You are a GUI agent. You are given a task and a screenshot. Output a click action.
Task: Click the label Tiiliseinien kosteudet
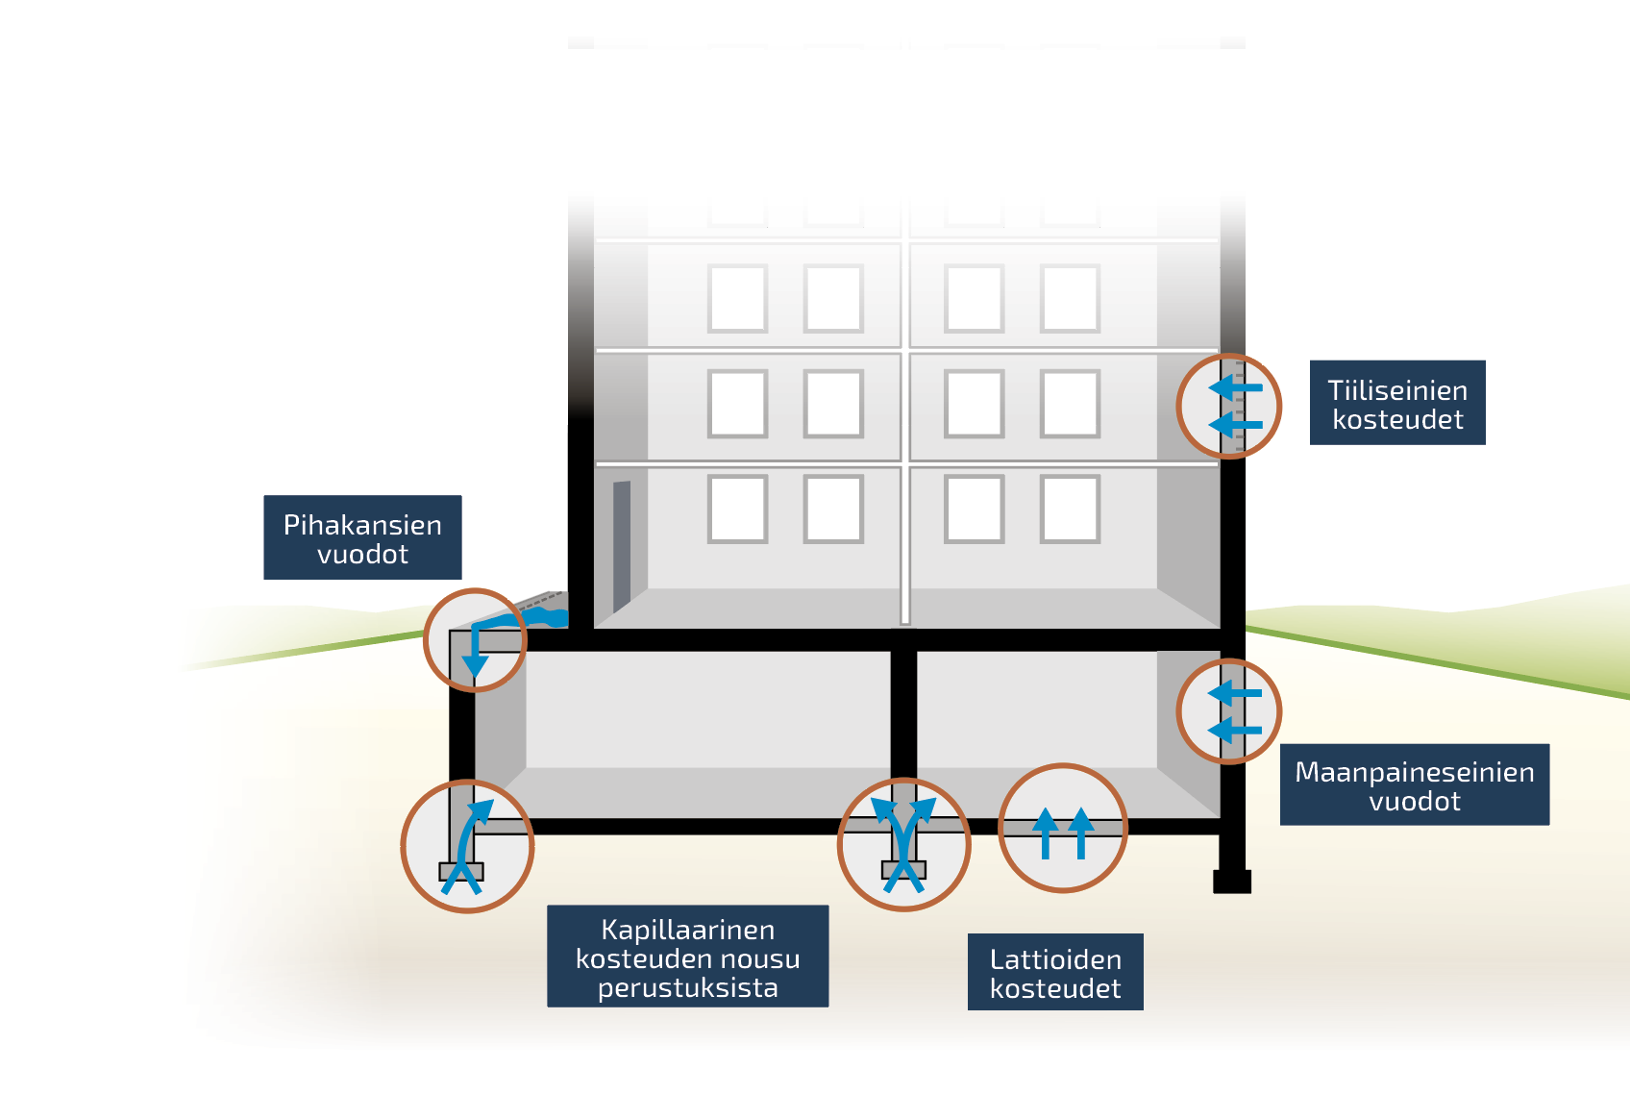click(x=1396, y=403)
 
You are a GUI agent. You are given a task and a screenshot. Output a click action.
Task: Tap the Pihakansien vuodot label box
click(x=362, y=537)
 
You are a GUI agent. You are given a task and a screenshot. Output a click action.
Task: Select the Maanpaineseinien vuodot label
click(x=1414, y=784)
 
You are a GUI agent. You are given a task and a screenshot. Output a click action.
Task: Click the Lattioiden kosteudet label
click(x=1054, y=972)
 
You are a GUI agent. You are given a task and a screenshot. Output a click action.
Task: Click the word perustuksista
click(x=687, y=987)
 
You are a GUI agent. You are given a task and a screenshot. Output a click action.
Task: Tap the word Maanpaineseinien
click(x=1414, y=772)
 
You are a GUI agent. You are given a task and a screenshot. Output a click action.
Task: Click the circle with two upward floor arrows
click(x=1062, y=828)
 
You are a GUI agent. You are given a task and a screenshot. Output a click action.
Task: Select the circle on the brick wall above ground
click(x=1228, y=406)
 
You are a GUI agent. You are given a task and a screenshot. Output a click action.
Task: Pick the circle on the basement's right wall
click(x=1228, y=710)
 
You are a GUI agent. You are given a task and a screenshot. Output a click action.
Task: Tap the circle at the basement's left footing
click(x=467, y=846)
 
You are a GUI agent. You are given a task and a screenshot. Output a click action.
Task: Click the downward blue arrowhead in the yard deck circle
click(x=475, y=666)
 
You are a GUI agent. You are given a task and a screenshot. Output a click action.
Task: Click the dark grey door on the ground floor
click(x=622, y=545)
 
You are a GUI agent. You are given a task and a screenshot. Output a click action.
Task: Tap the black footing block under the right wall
click(x=1231, y=881)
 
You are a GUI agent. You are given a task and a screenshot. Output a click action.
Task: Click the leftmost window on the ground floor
click(x=737, y=509)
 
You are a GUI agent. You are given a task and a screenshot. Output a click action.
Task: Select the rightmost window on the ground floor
click(x=1070, y=509)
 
